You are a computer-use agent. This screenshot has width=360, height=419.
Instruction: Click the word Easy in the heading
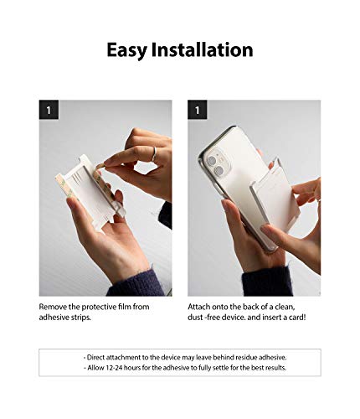tap(127, 50)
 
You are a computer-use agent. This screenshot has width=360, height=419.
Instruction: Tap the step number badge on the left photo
tap(49, 110)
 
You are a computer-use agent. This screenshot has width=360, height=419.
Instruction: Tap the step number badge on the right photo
tap(198, 110)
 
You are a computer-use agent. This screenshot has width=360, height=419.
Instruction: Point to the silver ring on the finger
tap(154, 154)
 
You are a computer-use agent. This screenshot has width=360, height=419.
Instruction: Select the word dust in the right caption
tap(195, 318)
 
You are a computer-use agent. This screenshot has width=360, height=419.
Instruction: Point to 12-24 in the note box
tap(114, 368)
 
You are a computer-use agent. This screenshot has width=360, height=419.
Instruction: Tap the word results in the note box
tap(275, 368)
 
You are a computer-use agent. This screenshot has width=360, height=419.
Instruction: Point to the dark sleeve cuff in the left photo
tap(136, 283)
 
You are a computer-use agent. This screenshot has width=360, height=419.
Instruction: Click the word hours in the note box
tap(131, 368)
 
